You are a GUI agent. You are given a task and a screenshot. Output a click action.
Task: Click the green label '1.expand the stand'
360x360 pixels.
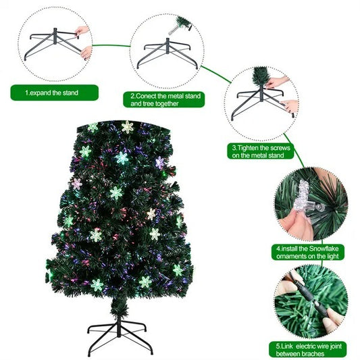54,93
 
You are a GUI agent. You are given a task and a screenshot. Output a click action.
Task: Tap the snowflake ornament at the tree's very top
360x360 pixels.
127,126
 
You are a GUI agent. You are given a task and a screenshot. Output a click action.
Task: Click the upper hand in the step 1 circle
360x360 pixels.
82,31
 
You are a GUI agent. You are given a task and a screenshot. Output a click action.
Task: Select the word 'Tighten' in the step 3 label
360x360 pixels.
251,147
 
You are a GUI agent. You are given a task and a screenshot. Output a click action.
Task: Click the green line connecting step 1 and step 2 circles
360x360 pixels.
110,47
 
